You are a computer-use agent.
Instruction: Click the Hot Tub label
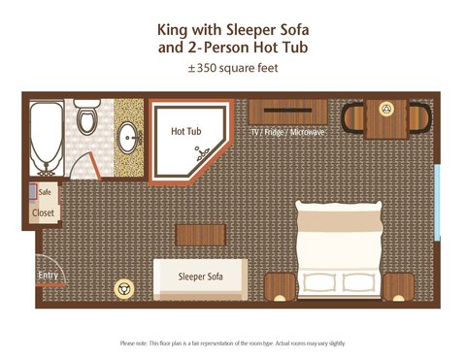coord(186,131)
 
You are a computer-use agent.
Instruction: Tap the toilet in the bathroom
coord(86,116)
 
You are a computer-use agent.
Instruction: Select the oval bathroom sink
coord(127,138)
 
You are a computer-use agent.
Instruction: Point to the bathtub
coord(47,139)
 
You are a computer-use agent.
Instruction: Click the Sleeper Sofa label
coord(200,277)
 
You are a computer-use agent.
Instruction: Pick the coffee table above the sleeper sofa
coord(201,235)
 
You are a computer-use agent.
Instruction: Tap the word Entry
coord(48,276)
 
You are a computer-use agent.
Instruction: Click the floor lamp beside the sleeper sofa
coord(124,289)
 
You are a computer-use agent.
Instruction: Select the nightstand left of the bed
coord(281,287)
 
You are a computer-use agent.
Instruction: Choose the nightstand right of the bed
coord(398,287)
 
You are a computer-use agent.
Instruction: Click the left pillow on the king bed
coord(320,282)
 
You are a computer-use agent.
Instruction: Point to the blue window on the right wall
coord(437,203)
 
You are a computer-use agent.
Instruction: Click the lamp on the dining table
coord(386,109)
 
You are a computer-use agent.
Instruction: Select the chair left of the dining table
coord(353,117)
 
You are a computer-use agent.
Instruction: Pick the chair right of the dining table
coord(419,117)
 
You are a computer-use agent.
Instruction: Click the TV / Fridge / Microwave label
coord(287,132)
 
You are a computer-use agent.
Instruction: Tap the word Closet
coord(43,213)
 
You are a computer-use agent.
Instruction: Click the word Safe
coord(45,192)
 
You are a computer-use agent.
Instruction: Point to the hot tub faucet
coord(203,153)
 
